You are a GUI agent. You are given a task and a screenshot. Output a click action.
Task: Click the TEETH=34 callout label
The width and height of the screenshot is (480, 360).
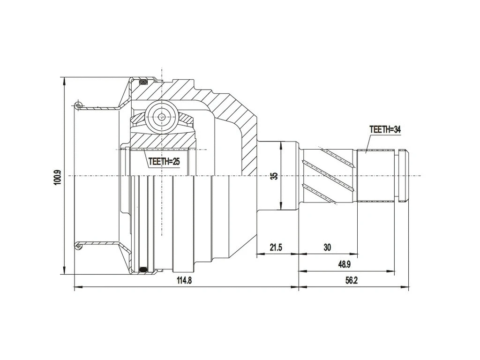(x=385, y=130)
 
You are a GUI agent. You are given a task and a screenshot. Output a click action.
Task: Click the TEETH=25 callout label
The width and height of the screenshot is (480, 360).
(x=164, y=162)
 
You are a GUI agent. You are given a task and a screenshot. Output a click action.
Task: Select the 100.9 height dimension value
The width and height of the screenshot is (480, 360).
(x=58, y=176)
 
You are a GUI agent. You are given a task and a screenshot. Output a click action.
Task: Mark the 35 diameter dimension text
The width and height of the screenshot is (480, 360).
(x=275, y=176)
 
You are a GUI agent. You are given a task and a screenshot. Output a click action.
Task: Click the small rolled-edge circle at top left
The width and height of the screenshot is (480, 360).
(x=78, y=105)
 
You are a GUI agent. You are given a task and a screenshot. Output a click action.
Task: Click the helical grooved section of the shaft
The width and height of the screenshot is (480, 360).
(x=328, y=176)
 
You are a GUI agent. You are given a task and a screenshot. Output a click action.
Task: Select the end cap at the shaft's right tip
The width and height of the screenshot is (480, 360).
(x=404, y=176)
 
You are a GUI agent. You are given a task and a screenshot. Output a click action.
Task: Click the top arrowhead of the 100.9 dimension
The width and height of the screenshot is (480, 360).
(x=64, y=80)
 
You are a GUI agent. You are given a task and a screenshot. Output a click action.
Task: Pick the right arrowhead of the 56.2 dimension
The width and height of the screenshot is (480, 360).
(x=406, y=287)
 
